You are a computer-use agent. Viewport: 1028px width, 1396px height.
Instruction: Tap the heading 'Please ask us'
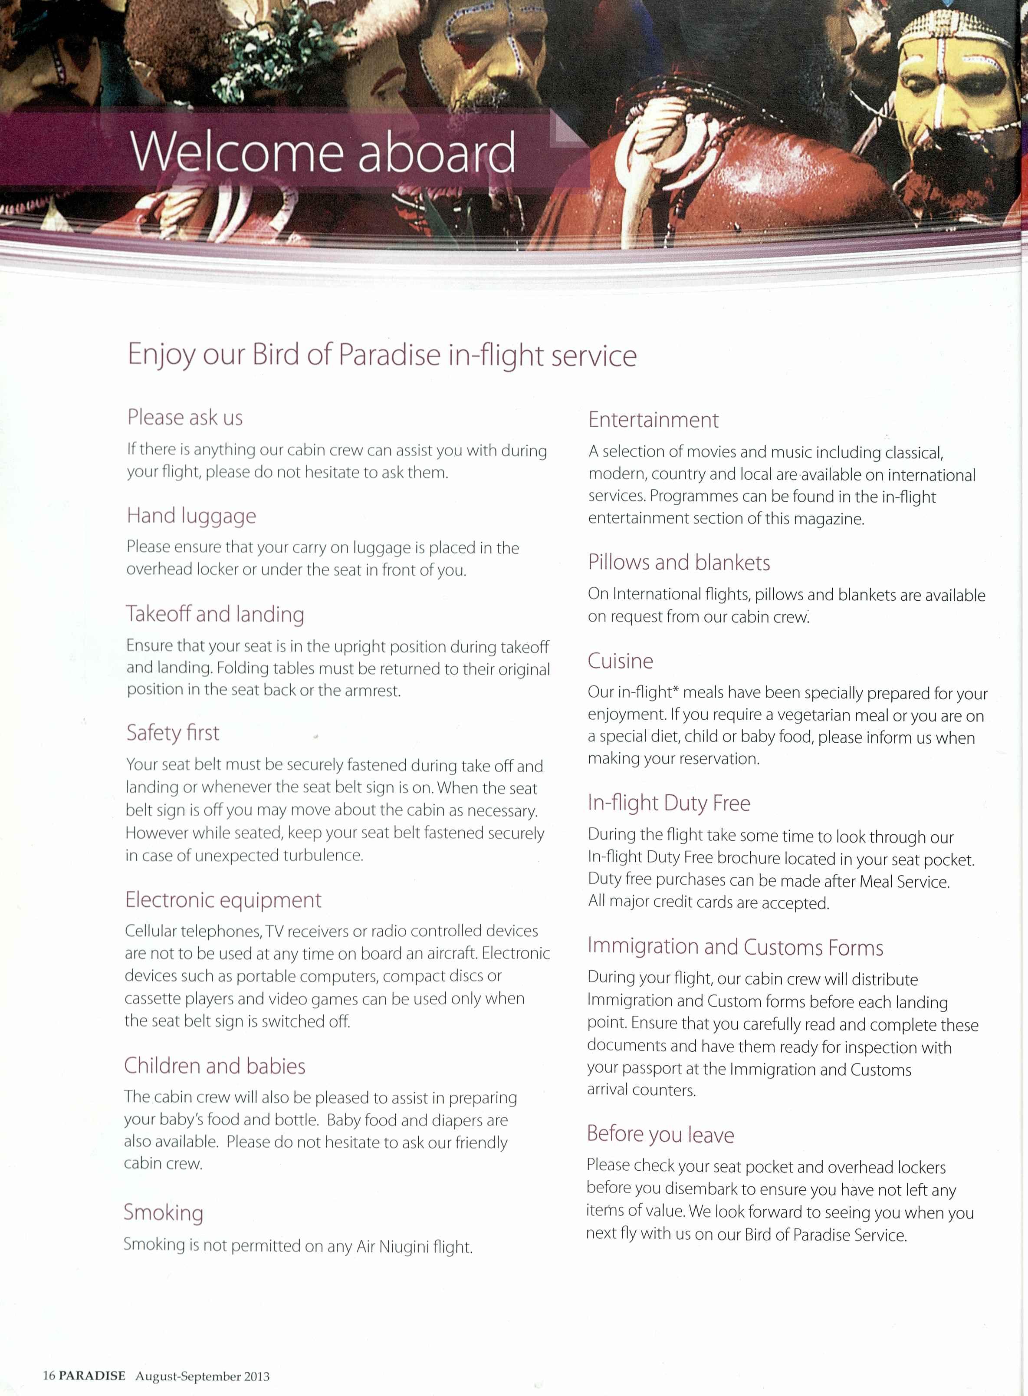pyautogui.click(x=185, y=417)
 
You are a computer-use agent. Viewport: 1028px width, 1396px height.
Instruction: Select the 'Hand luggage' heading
pyautogui.click(x=191, y=516)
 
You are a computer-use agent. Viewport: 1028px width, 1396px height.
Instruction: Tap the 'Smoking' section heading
pyautogui.click(x=163, y=1212)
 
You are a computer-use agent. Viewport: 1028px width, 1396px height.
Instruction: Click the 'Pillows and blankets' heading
pyautogui.click(x=679, y=563)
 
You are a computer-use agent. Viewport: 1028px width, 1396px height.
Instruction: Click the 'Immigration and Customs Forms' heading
pyautogui.click(x=735, y=947)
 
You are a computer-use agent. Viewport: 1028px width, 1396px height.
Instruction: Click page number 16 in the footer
pyautogui.click(x=49, y=1376)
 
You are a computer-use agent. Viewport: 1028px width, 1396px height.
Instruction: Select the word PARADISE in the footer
pyautogui.click(x=92, y=1376)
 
